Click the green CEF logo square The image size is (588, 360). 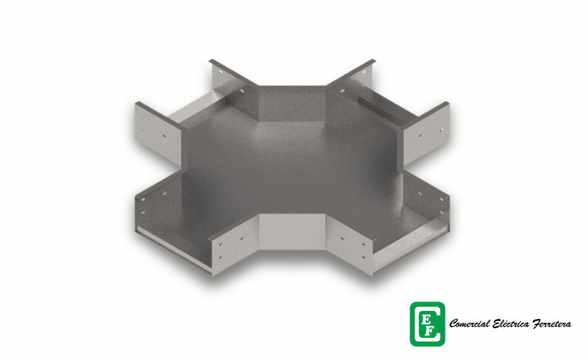428,324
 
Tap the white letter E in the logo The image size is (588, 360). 426,319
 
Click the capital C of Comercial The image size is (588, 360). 453,323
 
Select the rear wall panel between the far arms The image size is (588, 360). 292,102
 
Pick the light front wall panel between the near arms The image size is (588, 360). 292,231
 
